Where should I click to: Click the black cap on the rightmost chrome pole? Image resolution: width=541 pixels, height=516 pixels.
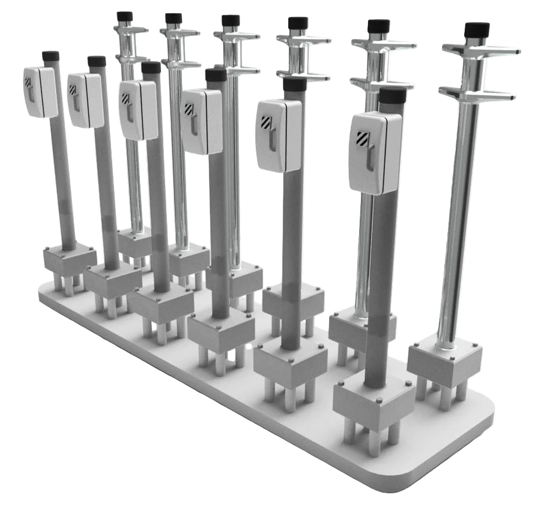point(477,29)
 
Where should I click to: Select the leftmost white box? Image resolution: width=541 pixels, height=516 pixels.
point(40,92)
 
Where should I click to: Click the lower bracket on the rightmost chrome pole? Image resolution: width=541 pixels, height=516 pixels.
point(477,94)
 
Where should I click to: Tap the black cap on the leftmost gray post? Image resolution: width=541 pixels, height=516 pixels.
point(50,56)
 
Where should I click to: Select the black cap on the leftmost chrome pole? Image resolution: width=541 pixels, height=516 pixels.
point(125,16)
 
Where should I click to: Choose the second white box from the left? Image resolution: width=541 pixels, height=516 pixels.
point(85,100)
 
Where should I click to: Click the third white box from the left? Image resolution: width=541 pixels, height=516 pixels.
point(138,110)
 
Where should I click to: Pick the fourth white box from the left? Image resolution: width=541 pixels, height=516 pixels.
point(202,121)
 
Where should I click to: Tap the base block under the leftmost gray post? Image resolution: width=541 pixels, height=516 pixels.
point(70,260)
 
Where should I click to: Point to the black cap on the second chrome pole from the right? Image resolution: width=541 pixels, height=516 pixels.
point(378,26)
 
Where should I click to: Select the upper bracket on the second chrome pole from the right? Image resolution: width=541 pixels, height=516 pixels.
point(383,46)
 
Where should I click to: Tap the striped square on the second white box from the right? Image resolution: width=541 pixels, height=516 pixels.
point(266,122)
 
